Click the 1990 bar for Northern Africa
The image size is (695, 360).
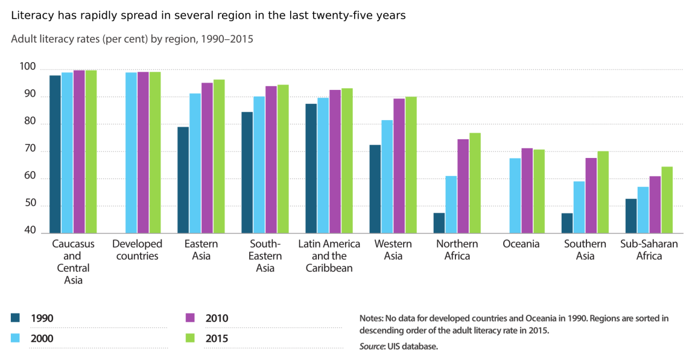tap(439, 223)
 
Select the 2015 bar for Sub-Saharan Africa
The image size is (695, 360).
tap(667, 200)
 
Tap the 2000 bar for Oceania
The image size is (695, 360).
tap(515, 195)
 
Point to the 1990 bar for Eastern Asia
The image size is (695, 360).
tap(183, 180)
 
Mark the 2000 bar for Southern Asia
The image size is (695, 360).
tap(579, 207)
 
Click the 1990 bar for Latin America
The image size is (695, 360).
tap(311, 168)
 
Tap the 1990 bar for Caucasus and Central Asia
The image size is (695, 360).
tap(55, 154)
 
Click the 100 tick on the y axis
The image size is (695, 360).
tap(29, 66)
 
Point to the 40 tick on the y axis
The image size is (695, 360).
tap(29, 232)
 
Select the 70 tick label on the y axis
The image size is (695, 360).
tap(29, 150)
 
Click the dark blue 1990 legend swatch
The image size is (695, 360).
tap(16, 318)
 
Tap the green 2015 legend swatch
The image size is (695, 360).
tap(191, 338)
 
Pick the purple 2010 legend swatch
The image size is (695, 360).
tap(191, 318)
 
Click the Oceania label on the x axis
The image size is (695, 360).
tap(521, 244)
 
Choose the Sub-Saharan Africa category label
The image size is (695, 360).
tap(649, 250)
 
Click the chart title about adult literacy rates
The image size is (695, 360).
tap(132, 40)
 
